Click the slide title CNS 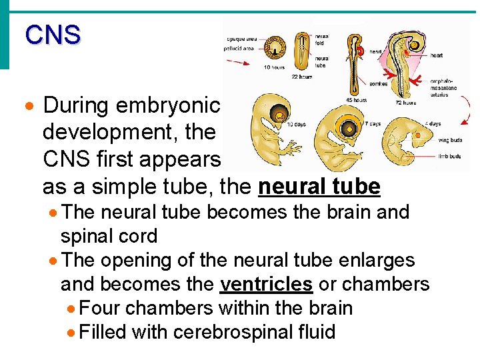click(x=53, y=35)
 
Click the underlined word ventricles click(x=266, y=284)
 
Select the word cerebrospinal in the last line click(x=231, y=331)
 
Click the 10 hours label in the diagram click(x=275, y=67)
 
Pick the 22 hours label click(x=301, y=77)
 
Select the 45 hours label click(x=356, y=101)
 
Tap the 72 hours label click(x=405, y=103)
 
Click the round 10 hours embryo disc click(x=274, y=48)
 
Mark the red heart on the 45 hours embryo click(x=359, y=51)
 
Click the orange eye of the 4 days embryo click(x=419, y=136)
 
